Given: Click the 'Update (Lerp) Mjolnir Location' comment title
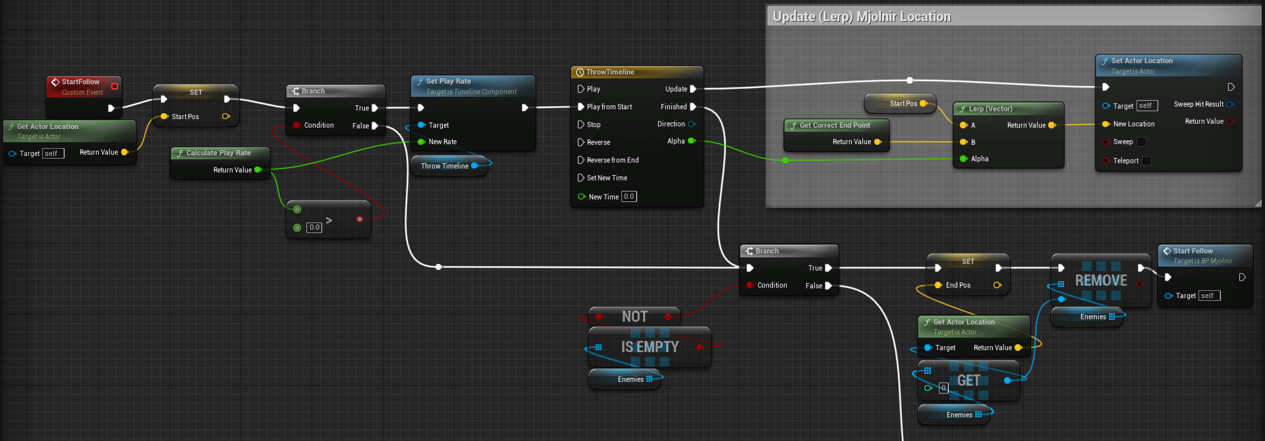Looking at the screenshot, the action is [861, 16].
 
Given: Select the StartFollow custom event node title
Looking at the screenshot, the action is [80, 82].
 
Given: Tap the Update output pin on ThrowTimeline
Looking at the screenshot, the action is [692, 89].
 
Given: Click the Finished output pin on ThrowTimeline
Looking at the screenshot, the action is [692, 107].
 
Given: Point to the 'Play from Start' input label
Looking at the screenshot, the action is [609, 107].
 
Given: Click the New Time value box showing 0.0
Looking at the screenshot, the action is [629, 196].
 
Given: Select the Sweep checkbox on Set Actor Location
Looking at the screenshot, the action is [1141, 142].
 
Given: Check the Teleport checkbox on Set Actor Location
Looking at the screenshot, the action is [1146, 161].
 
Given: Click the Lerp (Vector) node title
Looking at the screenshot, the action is [990, 109].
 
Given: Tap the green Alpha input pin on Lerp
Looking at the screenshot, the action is [964, 159].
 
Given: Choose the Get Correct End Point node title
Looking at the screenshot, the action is [835, 125].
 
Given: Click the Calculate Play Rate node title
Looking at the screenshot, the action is [218, 153].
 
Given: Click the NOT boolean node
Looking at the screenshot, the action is [634, 317].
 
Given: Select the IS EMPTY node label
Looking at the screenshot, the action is [650, 347].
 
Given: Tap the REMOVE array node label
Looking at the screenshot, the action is [1101, 280].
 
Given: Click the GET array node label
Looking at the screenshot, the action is [969, 380].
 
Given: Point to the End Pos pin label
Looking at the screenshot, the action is [958, 285].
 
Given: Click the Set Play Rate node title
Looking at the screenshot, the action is [448, 81].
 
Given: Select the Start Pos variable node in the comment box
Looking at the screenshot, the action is [900, 103].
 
